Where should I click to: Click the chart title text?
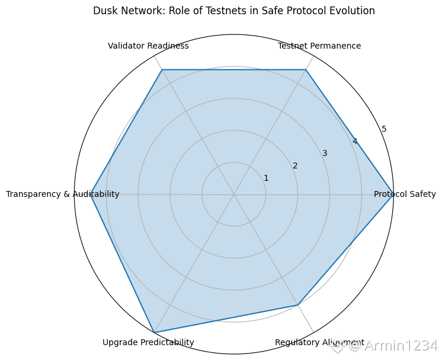[x=234, y=11]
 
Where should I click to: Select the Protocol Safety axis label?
[x=405, y=194]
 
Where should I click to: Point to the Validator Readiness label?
[x=148, y=46]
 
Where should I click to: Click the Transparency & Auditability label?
[x=62, y=194]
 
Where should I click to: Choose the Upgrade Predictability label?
[x=148, y=342]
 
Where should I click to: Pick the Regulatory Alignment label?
[x=319, y=342]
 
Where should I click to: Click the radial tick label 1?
[x=266, y=178]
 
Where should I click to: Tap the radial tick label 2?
[x=295, y=165]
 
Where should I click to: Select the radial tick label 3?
[x=325, y=154]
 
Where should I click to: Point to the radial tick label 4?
[x=354, y=141]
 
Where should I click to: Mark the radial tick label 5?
[x=384, y=129]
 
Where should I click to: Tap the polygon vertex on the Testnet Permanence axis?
[x=306, y=70]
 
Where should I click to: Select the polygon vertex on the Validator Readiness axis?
[x=162, y=70]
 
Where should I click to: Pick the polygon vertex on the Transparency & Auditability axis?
[x=91, y=195]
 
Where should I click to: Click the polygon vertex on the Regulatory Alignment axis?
[x=297, y=305]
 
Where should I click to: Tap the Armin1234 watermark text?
[x=401, y=346]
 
